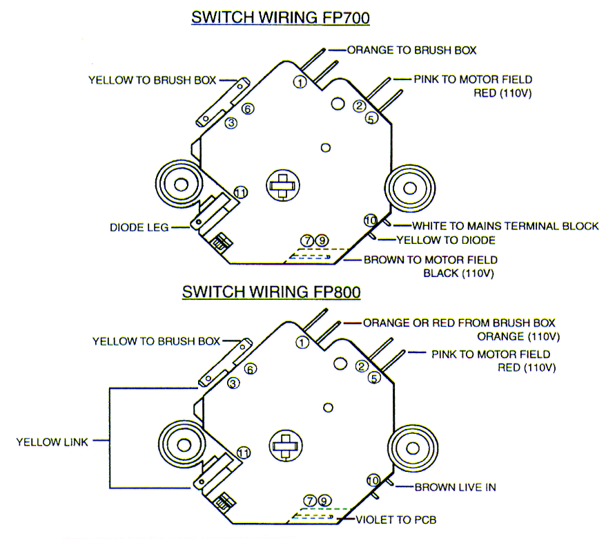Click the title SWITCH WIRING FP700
pyautogui.click(x=281, y=17)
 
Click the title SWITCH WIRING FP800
pyautogui.click(x=271, y=292)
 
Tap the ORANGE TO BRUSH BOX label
pyautogui.click(x=411, y=50)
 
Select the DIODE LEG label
pyautogui.click(x=139, y=227)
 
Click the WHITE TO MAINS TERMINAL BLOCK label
pyautogui.click(x=505, y=226)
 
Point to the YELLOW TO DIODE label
pyautogui.click(x=446, y=240)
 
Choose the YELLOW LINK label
pyautogui.click(x=52, y=442)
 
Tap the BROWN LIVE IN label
pyautogui.click(x=456, y=487)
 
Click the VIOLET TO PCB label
pyautogui.click(x=395, y=520)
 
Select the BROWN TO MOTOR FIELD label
pyautogui.click(x=431, y=260)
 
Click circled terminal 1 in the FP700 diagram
pyautogui.click(x=300, y=82)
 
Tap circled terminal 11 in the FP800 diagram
pyautogui.click(x=244, y=453)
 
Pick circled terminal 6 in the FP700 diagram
pyautogui.click(x=248, y=108)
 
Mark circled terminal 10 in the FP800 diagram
pyautogui.click(x=373, y=480)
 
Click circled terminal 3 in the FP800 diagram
pyautogui.click(x=233, y=383)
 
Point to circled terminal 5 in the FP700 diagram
pyautogui.click(x=371, y=118)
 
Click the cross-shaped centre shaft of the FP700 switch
pyautogui.click(x=283, y=186)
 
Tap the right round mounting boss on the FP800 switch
pyautogui.click(x=413, y=448)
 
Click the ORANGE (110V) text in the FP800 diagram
pyautogui.click(x=518, y=336)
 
